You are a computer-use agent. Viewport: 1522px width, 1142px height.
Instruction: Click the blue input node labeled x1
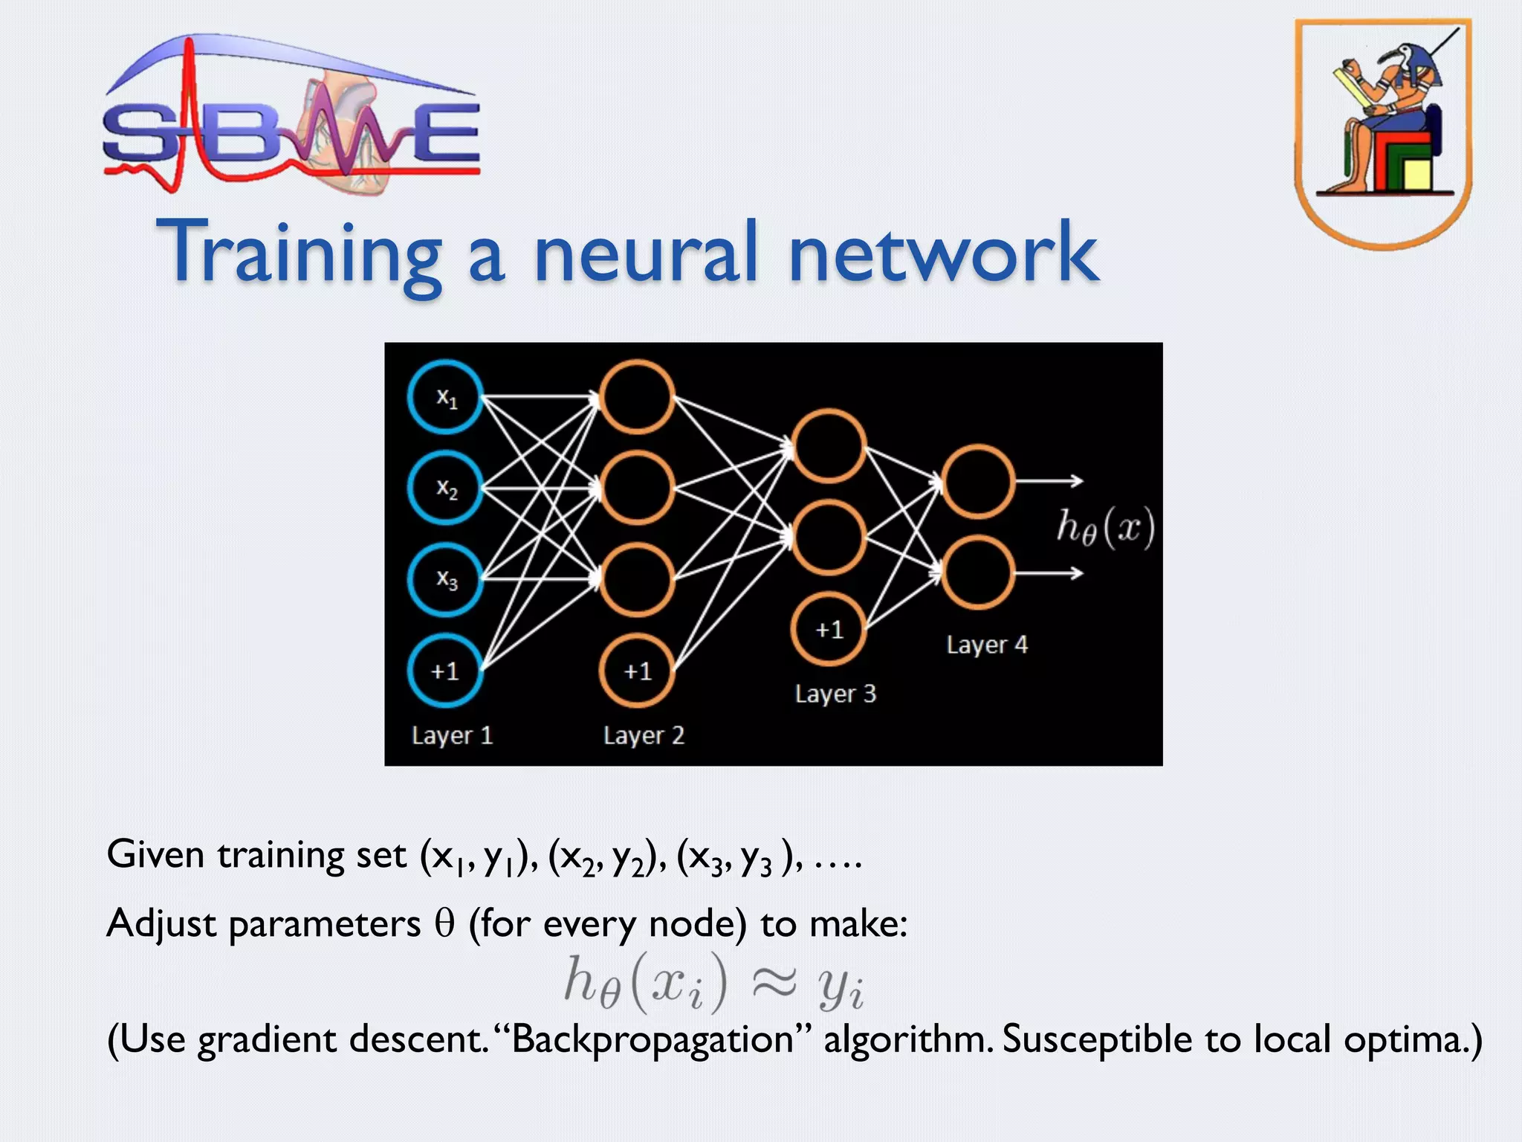click(445, 397)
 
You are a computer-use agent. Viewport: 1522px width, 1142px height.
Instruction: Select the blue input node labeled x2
click(445, 488)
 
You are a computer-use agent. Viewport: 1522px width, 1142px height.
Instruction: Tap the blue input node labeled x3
click(445, 580)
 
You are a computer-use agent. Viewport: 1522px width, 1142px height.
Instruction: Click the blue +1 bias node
click(445, 671)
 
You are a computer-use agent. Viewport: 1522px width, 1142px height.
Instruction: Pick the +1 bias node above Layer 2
click(637, 671)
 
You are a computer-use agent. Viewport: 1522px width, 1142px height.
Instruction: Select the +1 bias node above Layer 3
click(829, 630)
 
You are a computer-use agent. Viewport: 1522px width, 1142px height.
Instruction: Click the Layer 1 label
click(452, 735)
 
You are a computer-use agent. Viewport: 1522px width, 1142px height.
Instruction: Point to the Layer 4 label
click(987, 644)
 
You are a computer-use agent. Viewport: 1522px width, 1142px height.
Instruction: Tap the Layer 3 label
click(835, 694)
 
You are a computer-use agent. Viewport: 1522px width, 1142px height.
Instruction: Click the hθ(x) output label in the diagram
click(1105, 528)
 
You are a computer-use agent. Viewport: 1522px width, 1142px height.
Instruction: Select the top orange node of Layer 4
click(977, 481)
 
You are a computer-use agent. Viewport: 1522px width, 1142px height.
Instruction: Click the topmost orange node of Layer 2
click(637, 397)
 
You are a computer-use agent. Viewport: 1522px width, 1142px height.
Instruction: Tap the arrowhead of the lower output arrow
click(1078, 573)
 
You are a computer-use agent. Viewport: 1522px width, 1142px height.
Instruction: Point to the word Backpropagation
click(652, 1039)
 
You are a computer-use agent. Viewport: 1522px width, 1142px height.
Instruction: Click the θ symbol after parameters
click(444, 924)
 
